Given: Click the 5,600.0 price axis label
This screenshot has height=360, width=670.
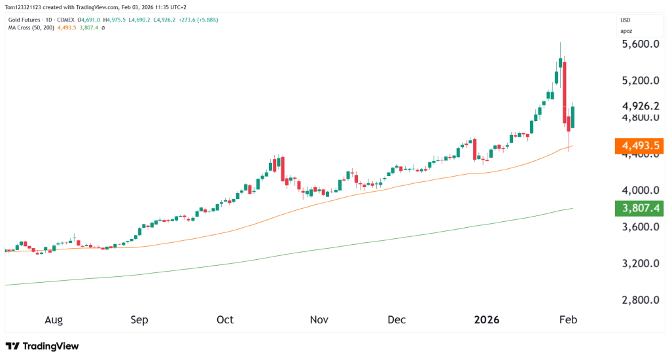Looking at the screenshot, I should (639, 45).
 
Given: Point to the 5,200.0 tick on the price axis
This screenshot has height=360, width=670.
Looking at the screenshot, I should (639, 81).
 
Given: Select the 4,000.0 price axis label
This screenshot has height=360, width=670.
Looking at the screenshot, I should (639, 191).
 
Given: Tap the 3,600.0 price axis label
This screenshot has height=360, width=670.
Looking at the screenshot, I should (639, 228).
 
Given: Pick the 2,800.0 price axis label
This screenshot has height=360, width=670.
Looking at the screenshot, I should (639, 301).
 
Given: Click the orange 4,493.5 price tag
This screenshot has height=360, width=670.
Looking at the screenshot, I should (640, 145).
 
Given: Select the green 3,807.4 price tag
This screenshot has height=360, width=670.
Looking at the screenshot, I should (640, 209).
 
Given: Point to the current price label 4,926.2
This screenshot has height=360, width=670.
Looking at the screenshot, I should (640, 106).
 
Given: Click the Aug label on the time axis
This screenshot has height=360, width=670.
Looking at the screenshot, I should (54, 320).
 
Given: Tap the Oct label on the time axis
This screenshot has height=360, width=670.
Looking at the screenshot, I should (225, 320).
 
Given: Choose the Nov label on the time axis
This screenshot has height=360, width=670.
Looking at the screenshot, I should (319, 320).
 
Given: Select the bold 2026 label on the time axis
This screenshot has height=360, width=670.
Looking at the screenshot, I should (487, 320).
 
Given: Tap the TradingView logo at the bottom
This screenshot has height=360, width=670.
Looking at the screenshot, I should (42, 346).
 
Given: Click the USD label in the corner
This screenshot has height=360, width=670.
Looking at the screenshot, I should (627, 20).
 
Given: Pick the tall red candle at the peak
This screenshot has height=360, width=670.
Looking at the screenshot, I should (564, 92).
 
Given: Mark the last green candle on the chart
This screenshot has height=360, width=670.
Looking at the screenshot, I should (573, 118).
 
